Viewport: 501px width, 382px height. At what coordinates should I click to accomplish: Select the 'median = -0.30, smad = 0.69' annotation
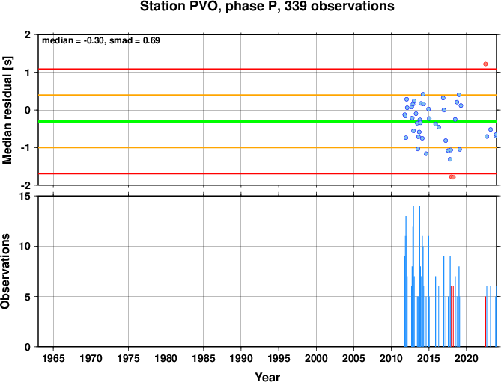[x=101, y=40]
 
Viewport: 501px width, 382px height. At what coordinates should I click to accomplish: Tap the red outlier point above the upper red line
[x=485, y=64]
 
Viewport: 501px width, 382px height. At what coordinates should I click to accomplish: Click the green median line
[x=267, y=122]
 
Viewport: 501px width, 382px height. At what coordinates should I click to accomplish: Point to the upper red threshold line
[x=267, y=70]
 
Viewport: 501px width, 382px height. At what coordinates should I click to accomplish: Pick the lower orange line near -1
[x=267, y=147]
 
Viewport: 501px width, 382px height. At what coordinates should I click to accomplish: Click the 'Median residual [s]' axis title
[x=7, y=110]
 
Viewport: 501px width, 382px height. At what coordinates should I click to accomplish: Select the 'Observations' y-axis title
[x=5, y=271]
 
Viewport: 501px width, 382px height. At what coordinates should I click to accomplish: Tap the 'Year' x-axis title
[x=267, y=377]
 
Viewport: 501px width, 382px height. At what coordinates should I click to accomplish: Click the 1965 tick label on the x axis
[x=53, y=358]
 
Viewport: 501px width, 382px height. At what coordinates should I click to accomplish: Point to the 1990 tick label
[x=241, y=358]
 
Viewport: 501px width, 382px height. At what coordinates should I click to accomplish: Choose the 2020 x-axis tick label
[x=467, y=358]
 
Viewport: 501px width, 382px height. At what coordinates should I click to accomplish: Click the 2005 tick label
[x=353, y=358]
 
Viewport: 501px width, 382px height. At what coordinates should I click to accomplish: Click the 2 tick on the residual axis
[x=28, y=34]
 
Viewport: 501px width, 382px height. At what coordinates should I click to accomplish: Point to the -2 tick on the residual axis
[x=26, y=185]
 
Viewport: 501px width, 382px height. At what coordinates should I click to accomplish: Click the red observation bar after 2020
[x=485, y=321]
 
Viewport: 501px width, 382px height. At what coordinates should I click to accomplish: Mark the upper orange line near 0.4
[x=267, y=96]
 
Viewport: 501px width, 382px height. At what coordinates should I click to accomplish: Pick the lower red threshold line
[x=267, y=173]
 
